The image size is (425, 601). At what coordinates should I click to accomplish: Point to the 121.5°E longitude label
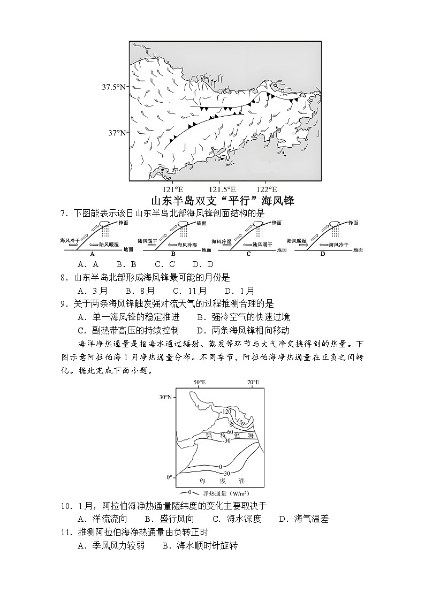(x=222, y=189)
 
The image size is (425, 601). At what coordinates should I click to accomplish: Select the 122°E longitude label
(x=267, y=189)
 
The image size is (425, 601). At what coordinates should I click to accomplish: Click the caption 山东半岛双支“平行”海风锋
(x=223, y=201)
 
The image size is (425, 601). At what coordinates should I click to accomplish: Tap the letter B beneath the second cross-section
(x=173, y=254)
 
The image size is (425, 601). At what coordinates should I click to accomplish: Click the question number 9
(x=63, y=304)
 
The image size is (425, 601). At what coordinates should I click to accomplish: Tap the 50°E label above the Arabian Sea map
(x=200, y=383)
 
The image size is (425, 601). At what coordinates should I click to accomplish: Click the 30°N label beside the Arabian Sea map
(x=165, y=397)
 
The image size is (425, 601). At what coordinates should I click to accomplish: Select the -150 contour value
(x=240, y=423)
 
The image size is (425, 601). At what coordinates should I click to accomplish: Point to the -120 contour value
(x=226, y=411)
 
